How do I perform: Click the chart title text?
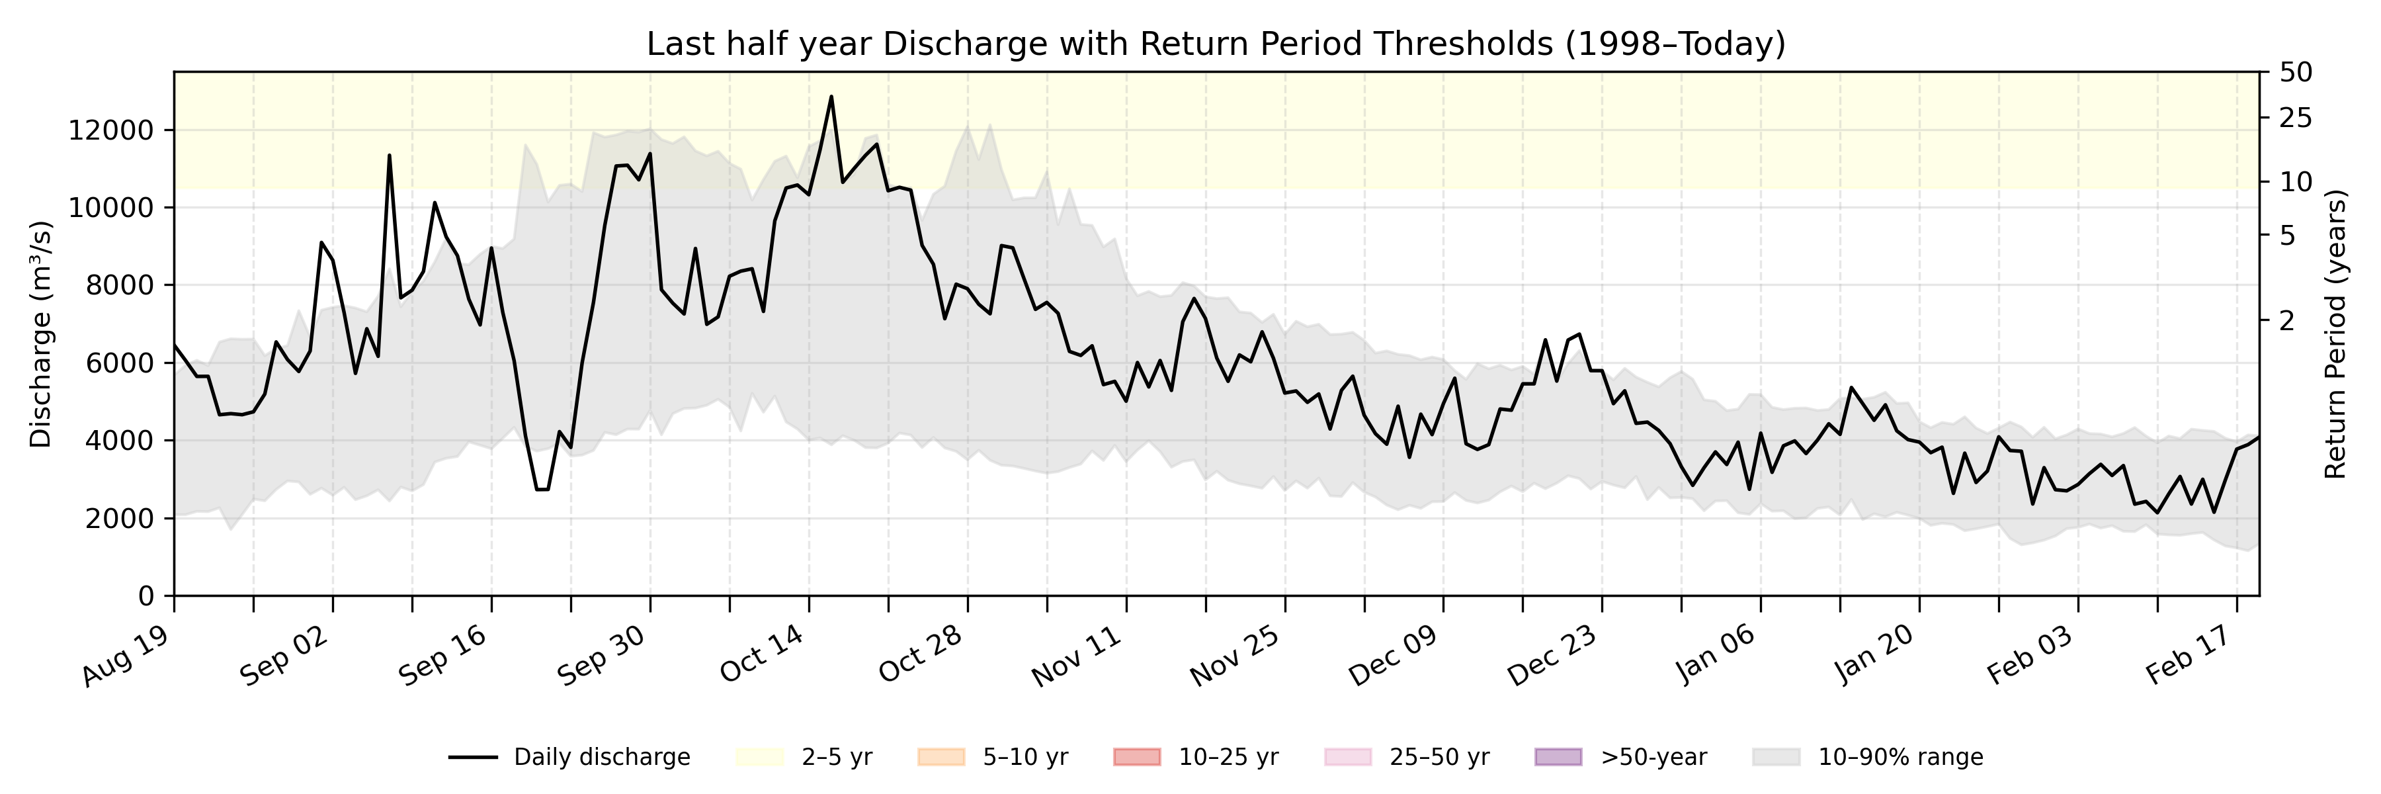point(1216,44)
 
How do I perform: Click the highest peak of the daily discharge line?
point(831,96)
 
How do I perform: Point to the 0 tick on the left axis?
point(146,596)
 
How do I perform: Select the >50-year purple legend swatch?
point(1558,757)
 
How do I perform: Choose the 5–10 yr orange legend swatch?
point(941,757)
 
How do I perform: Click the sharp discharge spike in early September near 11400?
point(389,155)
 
